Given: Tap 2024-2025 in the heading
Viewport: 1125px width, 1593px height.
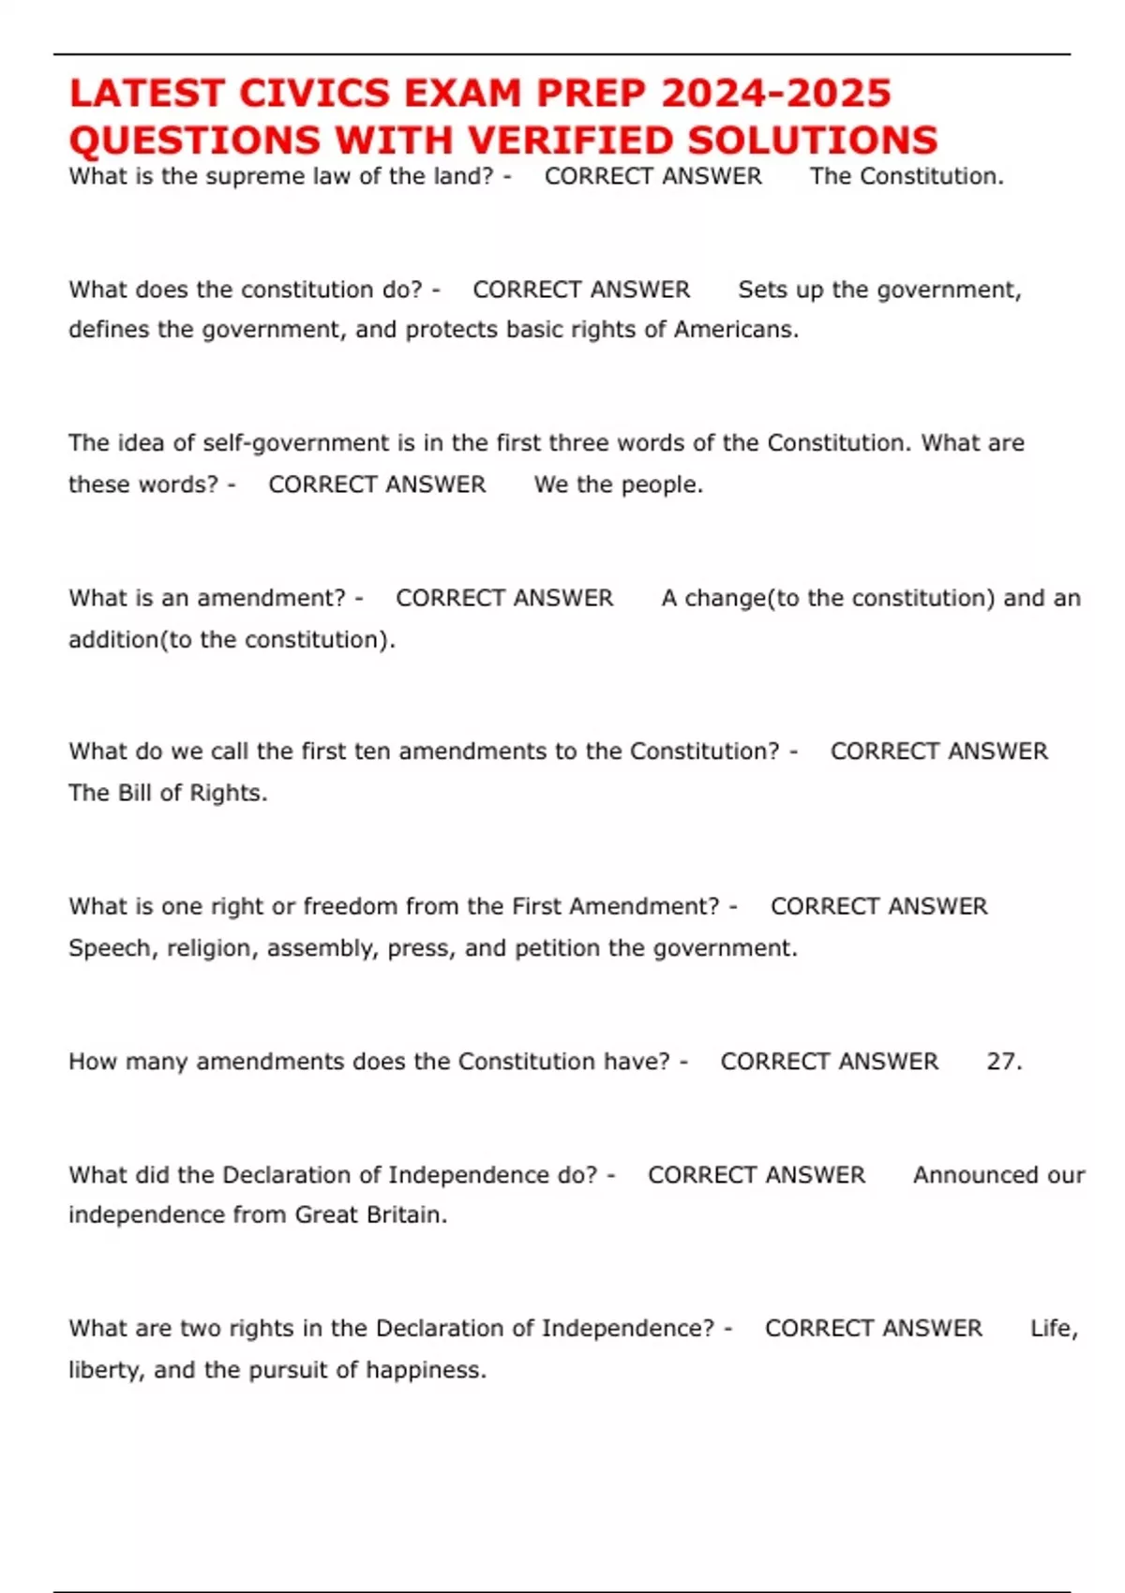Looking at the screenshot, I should (x=776, y=94).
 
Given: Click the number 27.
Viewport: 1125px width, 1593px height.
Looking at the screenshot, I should (x=1003, y=1062).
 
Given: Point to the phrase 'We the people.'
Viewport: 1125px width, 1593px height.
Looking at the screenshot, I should (x=618, y=484).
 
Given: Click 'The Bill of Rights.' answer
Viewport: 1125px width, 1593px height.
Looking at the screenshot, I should (x=168, y=793).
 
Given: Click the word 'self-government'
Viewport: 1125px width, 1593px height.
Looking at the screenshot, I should (x=298, y=442).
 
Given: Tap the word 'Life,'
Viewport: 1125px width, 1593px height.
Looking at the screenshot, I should (x=1054, y=1329).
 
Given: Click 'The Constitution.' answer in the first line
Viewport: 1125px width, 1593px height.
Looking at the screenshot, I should (x=907, y=176).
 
